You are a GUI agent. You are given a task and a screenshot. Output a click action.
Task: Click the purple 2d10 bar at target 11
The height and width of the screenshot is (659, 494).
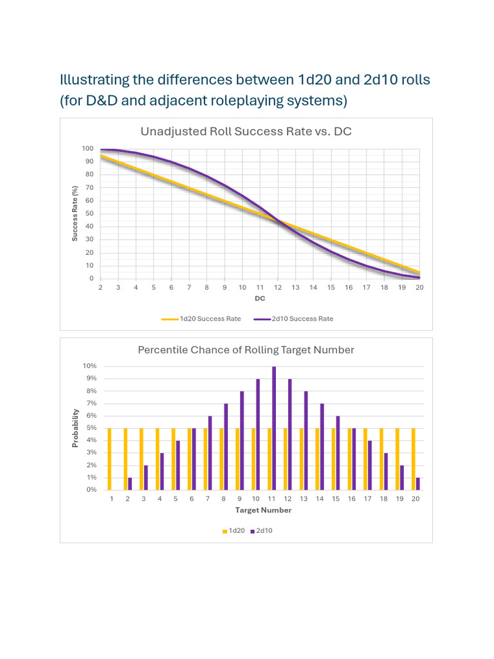tap(274, 428)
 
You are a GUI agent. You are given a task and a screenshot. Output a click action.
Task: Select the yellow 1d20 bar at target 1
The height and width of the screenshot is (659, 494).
tap(109, 459)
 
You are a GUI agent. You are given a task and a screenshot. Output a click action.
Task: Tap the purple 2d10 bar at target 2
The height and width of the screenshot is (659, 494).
tap(130, 483)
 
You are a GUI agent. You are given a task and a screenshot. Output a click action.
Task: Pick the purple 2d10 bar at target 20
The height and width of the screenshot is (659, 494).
tap(418, 483)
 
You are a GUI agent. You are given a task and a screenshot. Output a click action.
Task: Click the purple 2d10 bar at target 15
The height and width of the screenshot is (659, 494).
tap(338, 452)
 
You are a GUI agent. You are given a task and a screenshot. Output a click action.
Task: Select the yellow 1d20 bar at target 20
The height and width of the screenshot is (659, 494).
tap(413, 459)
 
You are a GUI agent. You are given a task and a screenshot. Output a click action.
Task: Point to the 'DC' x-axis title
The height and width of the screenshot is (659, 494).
tap(260, 299)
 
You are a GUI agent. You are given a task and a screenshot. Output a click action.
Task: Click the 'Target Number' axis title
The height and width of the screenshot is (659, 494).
tap(263, 510)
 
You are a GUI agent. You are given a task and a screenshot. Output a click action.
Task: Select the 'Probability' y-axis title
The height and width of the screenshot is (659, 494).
tap(75, 428)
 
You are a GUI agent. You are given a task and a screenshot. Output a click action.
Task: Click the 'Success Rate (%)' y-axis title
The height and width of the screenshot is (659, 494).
tap(75, 214)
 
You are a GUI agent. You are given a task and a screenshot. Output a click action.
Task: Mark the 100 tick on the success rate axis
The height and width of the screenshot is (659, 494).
tap(87, 149)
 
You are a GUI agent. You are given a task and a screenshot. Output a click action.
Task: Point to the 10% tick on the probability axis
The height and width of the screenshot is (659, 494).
tap(89, 366)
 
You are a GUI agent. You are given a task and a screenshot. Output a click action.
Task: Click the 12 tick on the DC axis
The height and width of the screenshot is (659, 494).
tap(278, 288)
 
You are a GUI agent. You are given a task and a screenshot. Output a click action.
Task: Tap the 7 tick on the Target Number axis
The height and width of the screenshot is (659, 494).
tap(207, 499)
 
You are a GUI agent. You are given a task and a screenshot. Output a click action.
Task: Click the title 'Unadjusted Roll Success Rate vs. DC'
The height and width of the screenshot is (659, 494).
tap(246, 132)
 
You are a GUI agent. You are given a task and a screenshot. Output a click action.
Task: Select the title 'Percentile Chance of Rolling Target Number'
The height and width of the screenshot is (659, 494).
tap(246, 350)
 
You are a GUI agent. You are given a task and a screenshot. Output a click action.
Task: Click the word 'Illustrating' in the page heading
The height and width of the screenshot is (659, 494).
tap(93, 80)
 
